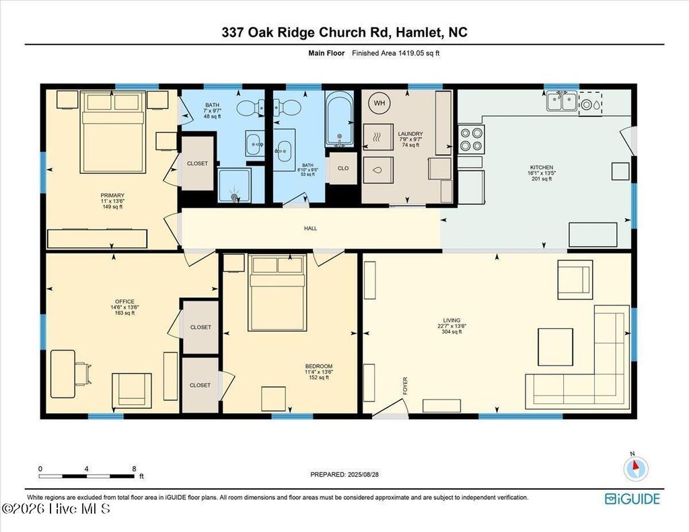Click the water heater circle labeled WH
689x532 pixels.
(379, 104)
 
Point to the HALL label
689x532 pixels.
(310, 229)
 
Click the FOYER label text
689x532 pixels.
(405, 385)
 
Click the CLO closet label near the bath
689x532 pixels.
(343, 168)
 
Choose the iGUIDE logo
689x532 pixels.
(632, 498)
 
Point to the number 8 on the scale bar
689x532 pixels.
(134, 469)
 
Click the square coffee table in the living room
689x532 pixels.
(555, 346)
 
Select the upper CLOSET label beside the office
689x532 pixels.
(200, 328)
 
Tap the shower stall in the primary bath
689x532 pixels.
(235, 186)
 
